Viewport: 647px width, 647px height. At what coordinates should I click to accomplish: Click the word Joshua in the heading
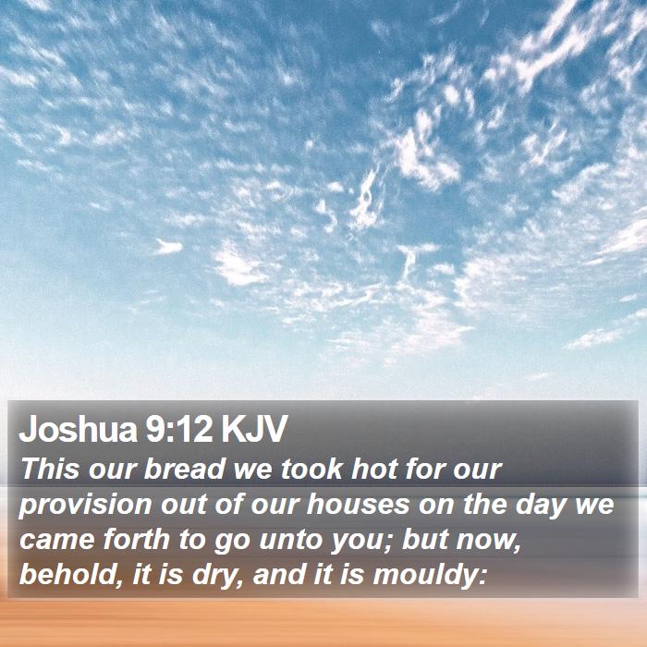coord(78,429)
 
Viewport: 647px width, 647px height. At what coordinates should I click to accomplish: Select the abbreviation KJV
coord(253,429)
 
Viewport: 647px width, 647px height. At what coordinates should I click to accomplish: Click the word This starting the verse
coord(50,470)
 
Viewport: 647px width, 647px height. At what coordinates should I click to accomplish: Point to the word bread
coord(185,470)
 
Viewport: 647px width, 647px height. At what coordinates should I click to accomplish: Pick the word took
coord(311,470)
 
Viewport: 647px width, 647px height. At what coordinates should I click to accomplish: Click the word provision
coord(85,506)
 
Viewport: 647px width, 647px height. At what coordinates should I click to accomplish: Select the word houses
coord(358,505)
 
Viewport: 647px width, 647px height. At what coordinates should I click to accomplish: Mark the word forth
coord(137,539)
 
